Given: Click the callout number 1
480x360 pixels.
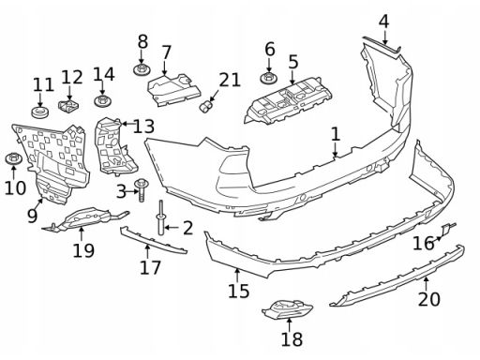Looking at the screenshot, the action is click(x=336, y=134).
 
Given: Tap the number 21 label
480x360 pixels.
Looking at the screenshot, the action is click(x=230, y=80).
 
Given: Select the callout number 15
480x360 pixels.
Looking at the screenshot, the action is click(x=239, y=291).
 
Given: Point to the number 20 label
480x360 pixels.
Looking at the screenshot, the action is click(x=429, y=299).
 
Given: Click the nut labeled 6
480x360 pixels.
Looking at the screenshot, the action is click(x=269, y=77).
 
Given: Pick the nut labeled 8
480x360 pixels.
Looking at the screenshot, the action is click(x=142, y=69).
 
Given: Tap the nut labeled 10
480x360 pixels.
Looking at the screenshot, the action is click(x=14, y=158).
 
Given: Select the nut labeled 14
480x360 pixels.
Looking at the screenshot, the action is click(x=103, y=100).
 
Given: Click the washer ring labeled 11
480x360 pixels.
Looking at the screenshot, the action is click(x=40, y=112).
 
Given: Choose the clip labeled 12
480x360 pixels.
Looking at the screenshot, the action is click(x=68, y=105).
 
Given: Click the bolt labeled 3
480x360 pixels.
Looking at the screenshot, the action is click(x=142, y=190).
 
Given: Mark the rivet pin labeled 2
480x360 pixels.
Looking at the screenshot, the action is click(x=161, y=217).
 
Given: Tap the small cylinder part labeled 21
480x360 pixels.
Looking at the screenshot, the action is click(x=205, y=106).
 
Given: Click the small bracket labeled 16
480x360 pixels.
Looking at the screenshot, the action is click(x=447, y=229).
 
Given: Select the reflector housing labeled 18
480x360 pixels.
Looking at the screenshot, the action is click(x=287, y=309).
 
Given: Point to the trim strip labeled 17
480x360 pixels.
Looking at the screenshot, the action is click(x=154, y=240).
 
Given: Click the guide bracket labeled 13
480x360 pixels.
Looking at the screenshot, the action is click(x=114, y=147).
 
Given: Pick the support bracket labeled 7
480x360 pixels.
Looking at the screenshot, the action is click(x=174, y=90).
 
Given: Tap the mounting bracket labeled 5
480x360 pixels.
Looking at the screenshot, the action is click(x=288, y=100).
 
